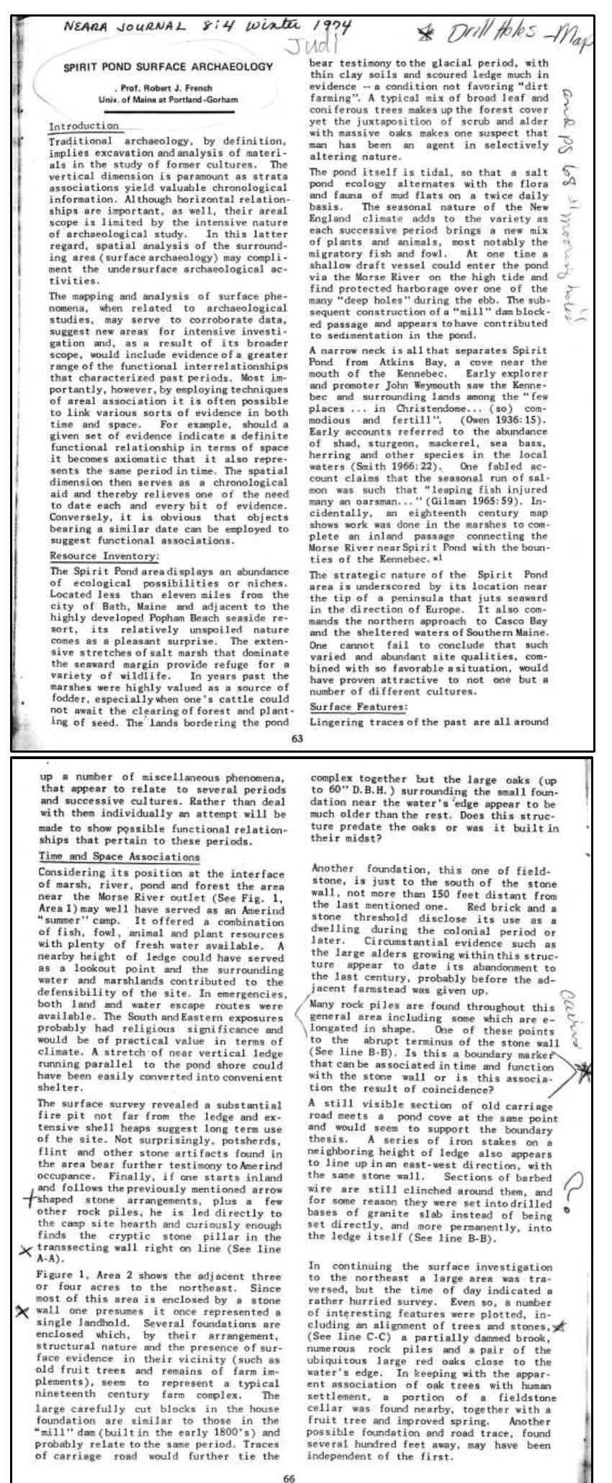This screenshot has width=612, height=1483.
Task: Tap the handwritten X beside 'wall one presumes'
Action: point(26,1289)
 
